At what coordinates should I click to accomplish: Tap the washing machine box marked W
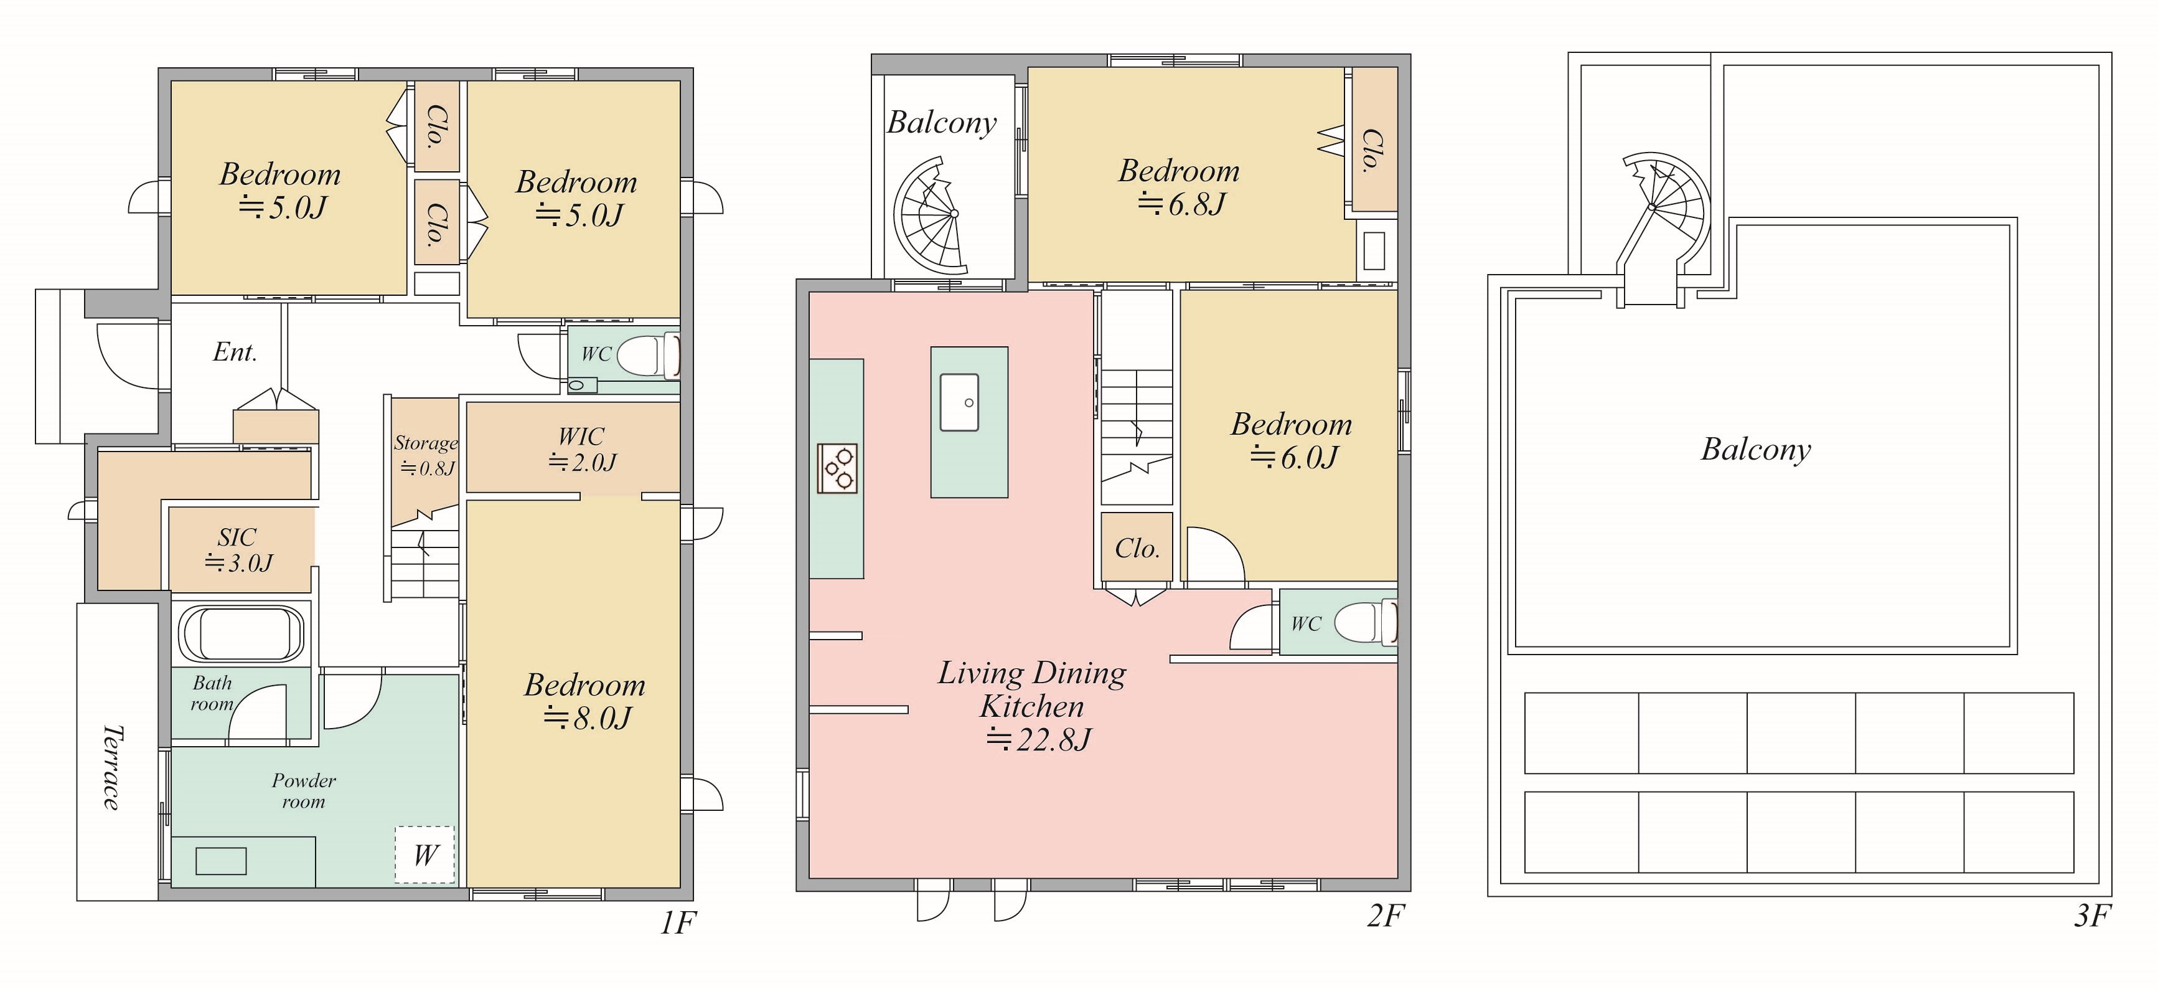(x=425, y=854)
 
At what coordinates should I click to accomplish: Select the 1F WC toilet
(x=647, y=356)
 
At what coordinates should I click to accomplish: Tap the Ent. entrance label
(x=235, y=351)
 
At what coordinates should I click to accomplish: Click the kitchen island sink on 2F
(x=959, y=402)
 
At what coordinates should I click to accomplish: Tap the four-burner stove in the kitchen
(x=837, y=468)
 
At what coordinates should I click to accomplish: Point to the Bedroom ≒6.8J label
(x=1180, y=187)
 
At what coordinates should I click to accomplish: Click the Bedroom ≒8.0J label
(x=584, y=701)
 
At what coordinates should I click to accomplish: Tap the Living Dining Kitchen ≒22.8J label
(x=1032, y=706)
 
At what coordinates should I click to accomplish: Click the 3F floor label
(x=2092, y=916)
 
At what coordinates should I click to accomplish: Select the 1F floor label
(x=678, y=923)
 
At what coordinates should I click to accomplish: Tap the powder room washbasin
(x=220, y=861)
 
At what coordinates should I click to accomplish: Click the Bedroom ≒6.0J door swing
(x=1216, y=553)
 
